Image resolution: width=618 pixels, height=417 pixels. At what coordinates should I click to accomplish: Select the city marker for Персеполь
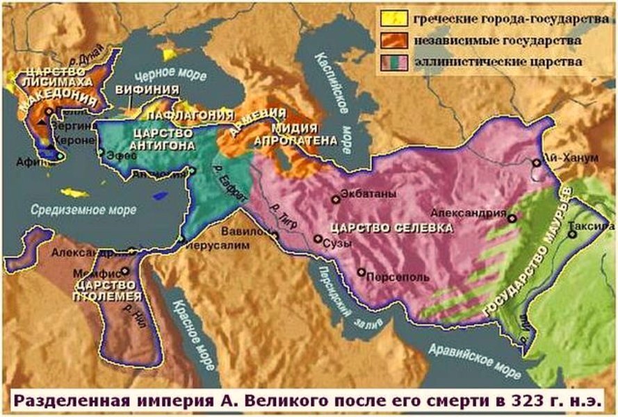click(x=361, y=272)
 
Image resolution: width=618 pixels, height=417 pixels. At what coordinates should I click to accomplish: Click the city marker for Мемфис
click(x=124, y=271)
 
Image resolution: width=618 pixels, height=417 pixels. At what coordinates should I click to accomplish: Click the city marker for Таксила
click(x=572, y=234)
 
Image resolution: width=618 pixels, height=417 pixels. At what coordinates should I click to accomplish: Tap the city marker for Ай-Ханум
click(x=536, y=163)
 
